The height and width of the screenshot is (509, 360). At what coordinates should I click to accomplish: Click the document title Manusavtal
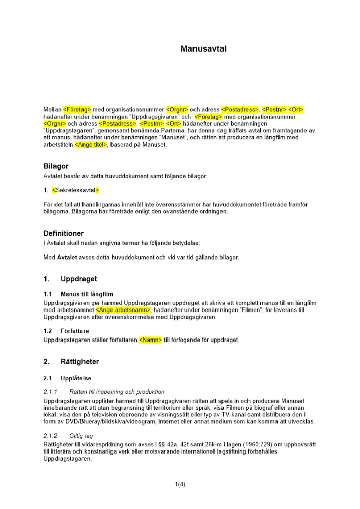pos(203,49)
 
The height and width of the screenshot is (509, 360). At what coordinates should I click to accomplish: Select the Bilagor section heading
pos(56,166)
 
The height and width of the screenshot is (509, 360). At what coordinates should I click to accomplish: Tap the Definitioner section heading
pos(64,233)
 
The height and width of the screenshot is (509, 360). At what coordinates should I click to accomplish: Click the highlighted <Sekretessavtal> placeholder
pos(76,190)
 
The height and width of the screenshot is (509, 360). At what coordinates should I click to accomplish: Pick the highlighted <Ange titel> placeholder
pos(91,145)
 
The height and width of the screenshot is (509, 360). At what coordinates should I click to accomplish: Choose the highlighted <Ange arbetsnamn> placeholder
pos(123,310)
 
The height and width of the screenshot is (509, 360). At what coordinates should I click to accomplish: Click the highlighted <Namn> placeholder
pos(151,340)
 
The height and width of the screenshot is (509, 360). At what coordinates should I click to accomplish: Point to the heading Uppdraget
pos(78,279)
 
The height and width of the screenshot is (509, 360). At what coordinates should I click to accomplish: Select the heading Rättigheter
pos(79,362)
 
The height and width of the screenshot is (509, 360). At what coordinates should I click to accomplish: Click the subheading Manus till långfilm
pos(87,294)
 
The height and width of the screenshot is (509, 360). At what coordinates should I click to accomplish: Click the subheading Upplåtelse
pos(75,378)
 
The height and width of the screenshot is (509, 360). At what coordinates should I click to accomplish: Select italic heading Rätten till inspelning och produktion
pos(117,392)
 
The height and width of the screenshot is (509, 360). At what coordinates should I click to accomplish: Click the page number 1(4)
pos(180,484)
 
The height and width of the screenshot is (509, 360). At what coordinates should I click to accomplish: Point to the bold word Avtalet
pos(67,257)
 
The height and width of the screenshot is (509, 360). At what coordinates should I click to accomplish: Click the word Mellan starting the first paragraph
pos(52,109)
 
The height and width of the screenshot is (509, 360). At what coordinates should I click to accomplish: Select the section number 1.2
pos(48,331)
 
